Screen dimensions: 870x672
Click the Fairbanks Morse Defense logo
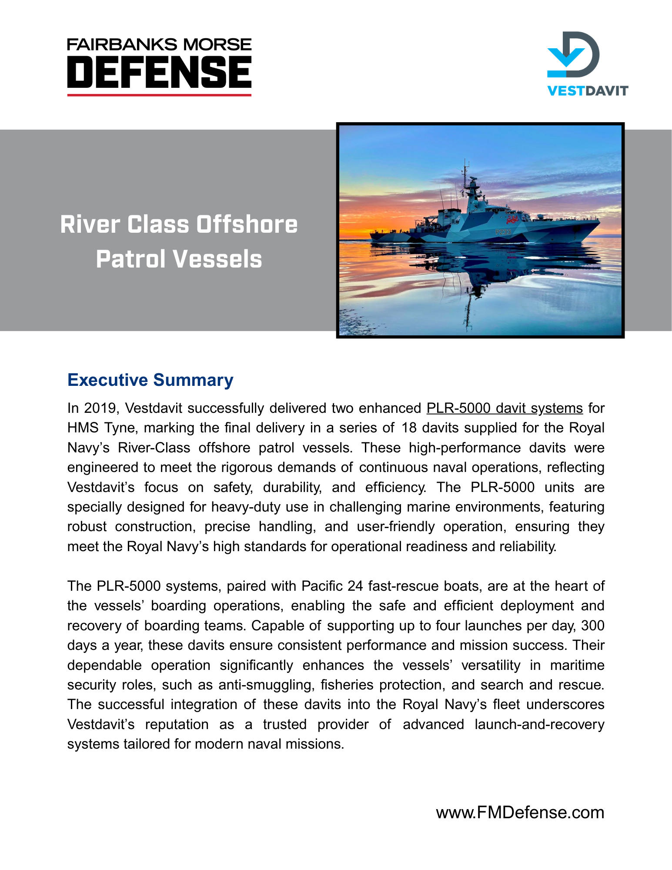[x=159, y=66]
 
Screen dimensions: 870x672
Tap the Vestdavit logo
[x=587, y=64]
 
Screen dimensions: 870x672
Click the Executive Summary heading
[x=150, y=380]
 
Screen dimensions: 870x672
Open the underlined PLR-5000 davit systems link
[x=504, y=408]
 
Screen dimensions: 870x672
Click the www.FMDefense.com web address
[x=520, y=812]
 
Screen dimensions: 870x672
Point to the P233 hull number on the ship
[x=503, y=232]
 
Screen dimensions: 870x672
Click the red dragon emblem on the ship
[x=512, y=217]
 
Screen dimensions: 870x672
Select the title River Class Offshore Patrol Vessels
[x=179, y=241]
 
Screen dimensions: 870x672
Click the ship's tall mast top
[x=466, y=163]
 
